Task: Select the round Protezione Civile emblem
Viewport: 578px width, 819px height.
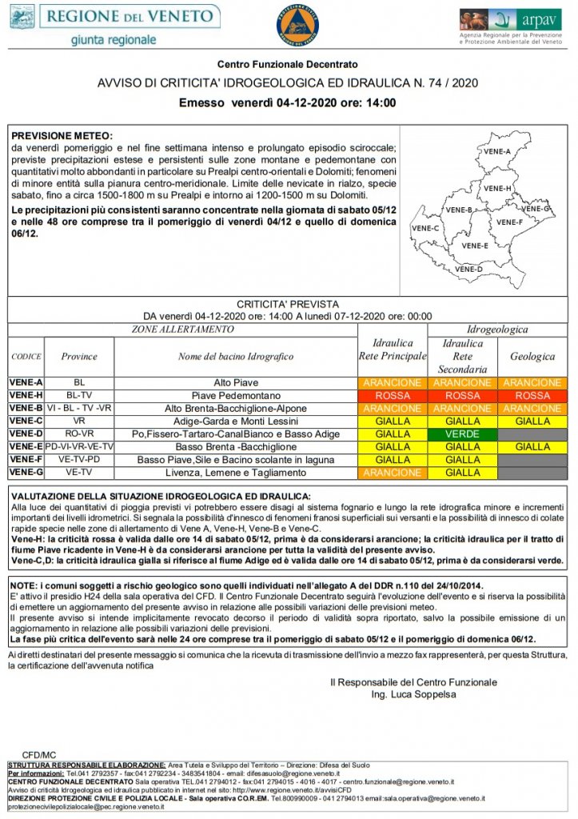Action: click(x=297, y=24)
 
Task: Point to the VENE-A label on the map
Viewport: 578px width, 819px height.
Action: click(x=496, y=151)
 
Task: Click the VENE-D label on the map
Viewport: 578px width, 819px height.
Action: click(x=468, y=270)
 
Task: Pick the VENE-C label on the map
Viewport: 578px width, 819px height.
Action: click(x=425, y=228)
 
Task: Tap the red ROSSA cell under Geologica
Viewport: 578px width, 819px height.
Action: click(x=532, y=396)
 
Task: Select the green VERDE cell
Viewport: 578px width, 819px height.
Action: click(x=463, y=434)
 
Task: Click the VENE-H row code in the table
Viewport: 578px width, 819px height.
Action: click(x=26, y=396)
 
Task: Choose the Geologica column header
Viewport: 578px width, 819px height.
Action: click(x=532, y=357)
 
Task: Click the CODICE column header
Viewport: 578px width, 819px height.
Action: click(x=26, y=357)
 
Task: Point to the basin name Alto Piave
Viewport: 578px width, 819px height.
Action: click(x=236, y=383)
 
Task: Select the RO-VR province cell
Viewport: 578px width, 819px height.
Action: click(x=79, y=434)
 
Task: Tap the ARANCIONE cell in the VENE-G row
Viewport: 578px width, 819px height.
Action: click(x=392, y=473)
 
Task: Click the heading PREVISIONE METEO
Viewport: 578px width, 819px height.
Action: click(x=62, y=136)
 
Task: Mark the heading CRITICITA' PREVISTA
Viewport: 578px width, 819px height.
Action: click(x=288, y=304)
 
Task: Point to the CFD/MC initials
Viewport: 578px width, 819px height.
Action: click(x=39, y=753)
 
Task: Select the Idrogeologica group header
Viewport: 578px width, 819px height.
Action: click(x=497, y=330)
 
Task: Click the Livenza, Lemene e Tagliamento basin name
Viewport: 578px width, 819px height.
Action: click(x=236, y=473)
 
